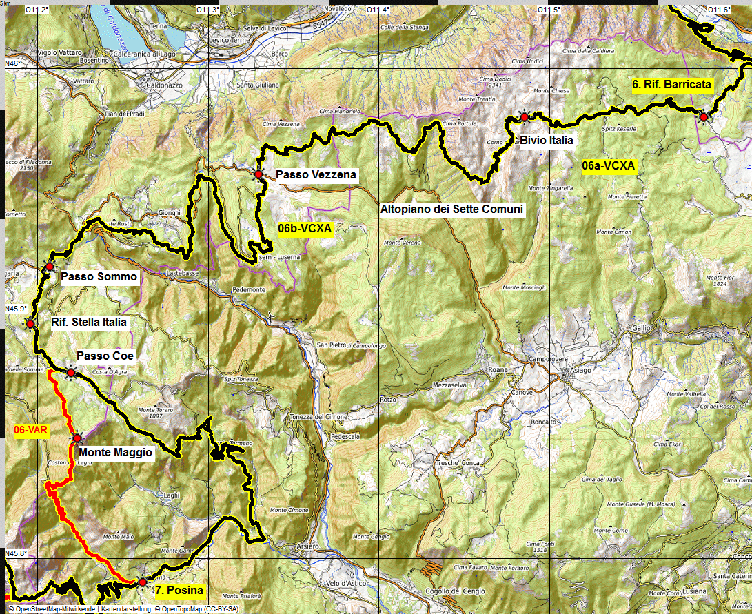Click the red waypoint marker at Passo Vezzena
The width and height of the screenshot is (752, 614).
(258, 175)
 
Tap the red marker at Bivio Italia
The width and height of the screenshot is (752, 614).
(525, 118)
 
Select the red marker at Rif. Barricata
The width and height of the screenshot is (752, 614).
(703, 117)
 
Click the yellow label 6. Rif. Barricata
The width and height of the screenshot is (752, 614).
(671, 85)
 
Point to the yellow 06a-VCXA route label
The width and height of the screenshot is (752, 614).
(608, 166)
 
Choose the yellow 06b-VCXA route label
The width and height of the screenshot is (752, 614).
(305, 227)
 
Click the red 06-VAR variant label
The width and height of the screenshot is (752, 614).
(29, 429)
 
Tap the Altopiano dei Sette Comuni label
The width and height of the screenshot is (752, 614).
(452, 209)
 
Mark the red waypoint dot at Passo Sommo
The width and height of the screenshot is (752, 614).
(50, 267)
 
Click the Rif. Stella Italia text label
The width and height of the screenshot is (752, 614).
(89, 322)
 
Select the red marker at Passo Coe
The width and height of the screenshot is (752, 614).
(70, 373)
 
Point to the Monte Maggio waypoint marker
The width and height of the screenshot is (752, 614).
(77, 438)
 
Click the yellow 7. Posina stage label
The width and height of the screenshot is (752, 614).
(179, 591)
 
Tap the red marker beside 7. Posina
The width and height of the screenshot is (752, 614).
(142, 582)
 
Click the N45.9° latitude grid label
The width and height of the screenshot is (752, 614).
(16, 309)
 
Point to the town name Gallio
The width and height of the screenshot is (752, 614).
(640, 328)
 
